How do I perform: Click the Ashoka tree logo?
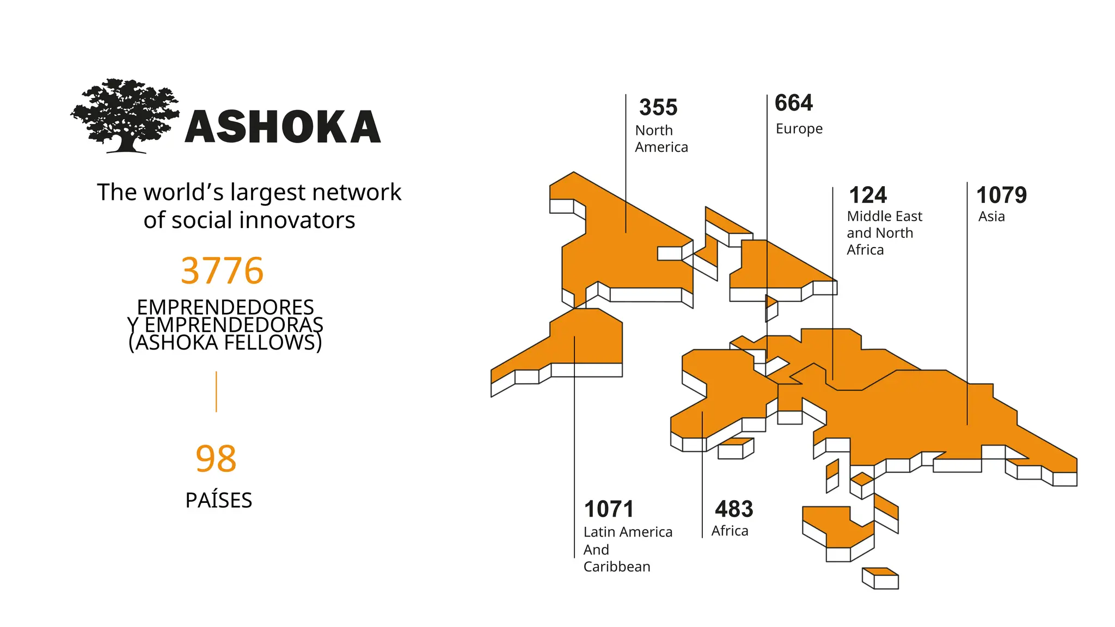(x=125, y=115)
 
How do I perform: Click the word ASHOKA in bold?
(x=283, y=127)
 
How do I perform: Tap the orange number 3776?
(x=222, y=271)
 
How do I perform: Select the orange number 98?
(x=216, y=459)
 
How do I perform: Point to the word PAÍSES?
(x=218, y=500)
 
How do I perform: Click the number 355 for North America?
(x=658, y=108)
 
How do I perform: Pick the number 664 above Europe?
(x=794, y=103)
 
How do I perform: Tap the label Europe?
(x=799, y=129)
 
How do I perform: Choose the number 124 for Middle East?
(x=868, y=195)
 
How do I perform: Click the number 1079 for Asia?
(x=1001, y=195)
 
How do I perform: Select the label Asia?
(x=991, y=217)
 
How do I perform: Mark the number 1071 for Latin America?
(x=609, y=509)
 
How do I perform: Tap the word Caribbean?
(x=617, y=567)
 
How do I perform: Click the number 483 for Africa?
(x=734, y=509)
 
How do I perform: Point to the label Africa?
(x=730, y=531)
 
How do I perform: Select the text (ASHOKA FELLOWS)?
(x=225, y=343)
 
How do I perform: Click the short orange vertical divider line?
(x=216, y=391)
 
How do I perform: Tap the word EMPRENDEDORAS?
(x=234, y=325)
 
